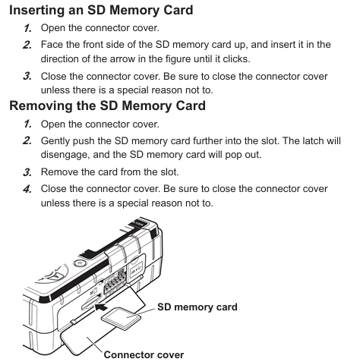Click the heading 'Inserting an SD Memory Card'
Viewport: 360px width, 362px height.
[101, 11]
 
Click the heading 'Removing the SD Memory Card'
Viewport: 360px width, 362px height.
[107, 105]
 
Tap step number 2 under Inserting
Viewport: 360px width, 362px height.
[27, 45]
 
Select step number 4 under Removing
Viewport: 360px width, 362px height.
[27, 189]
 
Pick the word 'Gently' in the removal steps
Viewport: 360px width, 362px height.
[55, 141]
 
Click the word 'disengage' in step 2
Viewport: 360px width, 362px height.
[65, 155]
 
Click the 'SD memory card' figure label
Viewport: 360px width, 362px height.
[197, 307]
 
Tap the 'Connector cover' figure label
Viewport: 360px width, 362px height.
[144, 354]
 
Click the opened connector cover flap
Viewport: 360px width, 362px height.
[86, 340]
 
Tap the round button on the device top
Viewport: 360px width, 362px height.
[80, 263]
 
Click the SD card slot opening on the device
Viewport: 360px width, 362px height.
[91, 302]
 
